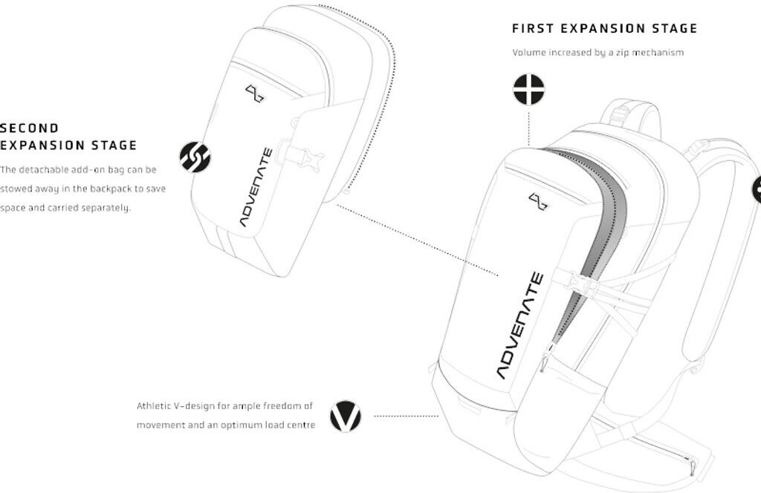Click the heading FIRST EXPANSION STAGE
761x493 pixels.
pyautogui.click(x=604, y=29)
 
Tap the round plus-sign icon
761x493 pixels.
pyautogui.click(x=528, y=90)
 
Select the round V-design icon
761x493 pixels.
pyautogui.click(x=345, y=416)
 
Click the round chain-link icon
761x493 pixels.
pyautogui.click(x=195, y=157)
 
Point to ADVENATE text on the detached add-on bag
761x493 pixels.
pyautogui.click(x=256, y=187)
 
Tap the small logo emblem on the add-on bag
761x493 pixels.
pyautogui.click(x=255, y=93)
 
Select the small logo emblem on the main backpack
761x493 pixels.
pyautogui.click(x=538, y=200)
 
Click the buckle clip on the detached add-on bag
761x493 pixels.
pyautogui.click(x=305, y=157)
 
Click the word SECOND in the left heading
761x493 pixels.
pyautogui.click(x=29, y=128)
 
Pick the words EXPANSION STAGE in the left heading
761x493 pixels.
pyautogui.click(x=68, y=146)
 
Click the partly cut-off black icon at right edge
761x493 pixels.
pyautogui.click(x=757, y=190)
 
